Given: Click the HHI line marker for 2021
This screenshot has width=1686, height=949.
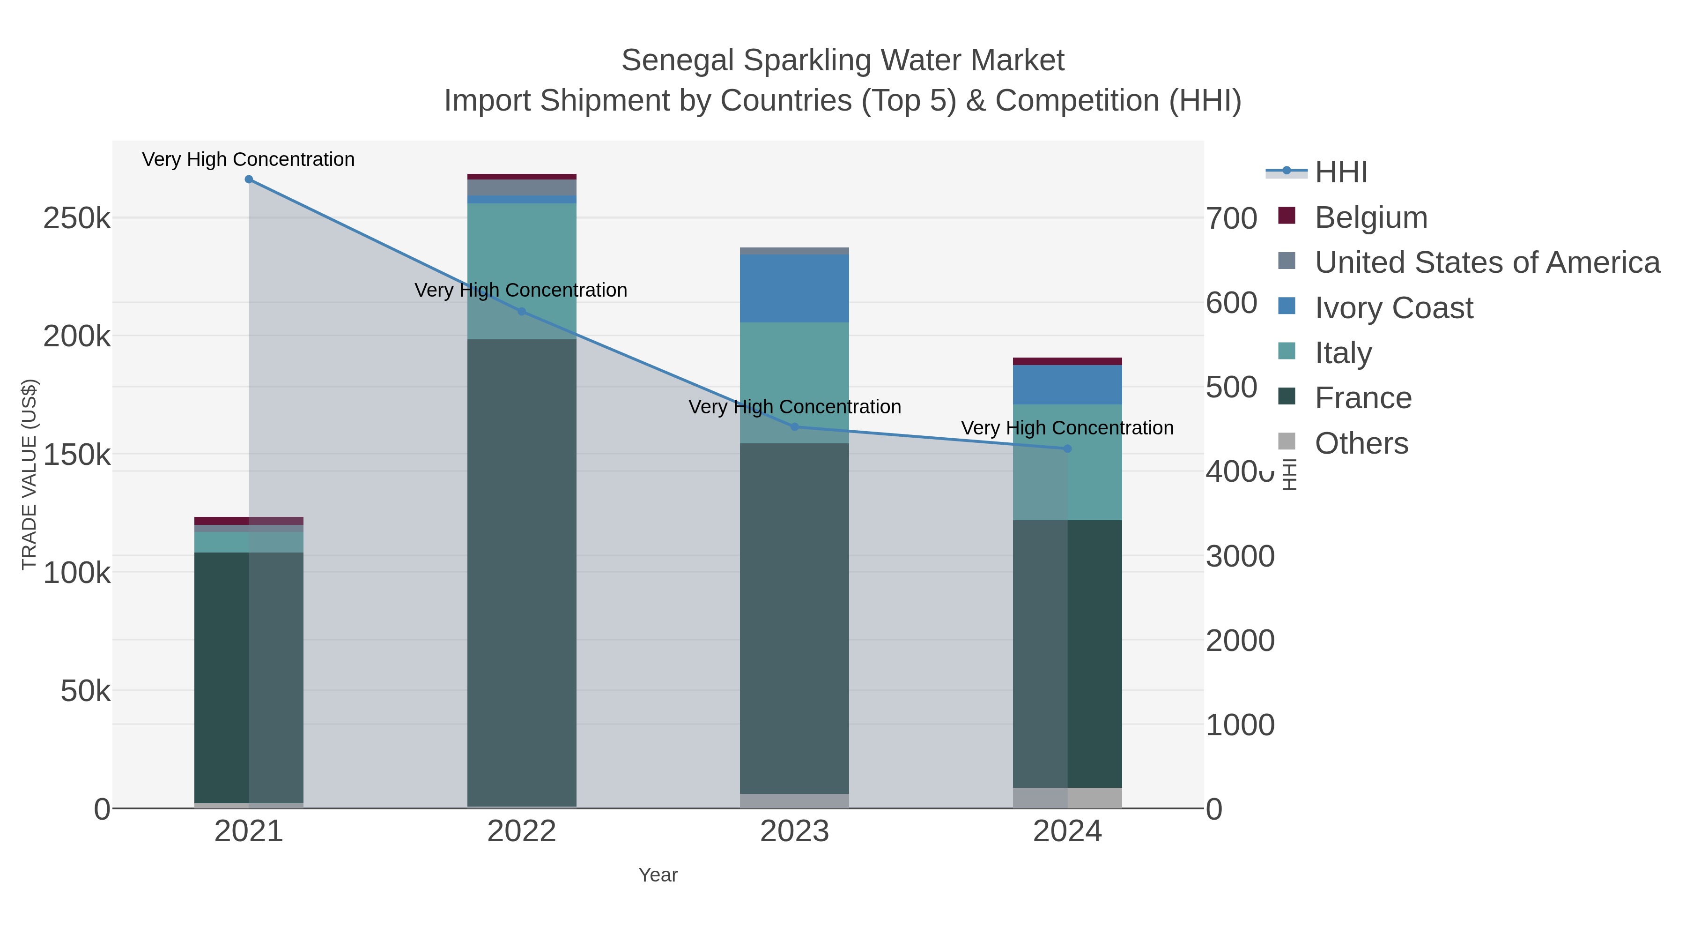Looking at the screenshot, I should point(249,179).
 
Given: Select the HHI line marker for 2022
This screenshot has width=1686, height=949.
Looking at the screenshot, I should point(522,312).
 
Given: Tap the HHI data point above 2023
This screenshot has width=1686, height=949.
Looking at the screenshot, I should point(795,427).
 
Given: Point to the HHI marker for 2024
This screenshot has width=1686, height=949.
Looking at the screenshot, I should point(1067,448).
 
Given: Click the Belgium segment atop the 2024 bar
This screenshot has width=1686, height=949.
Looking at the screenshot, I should point(1067,361).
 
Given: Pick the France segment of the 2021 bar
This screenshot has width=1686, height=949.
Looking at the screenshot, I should point(222,674).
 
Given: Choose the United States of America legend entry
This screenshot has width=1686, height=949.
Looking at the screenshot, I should point(1487,262).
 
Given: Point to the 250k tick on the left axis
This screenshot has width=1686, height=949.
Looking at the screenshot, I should point(77,218).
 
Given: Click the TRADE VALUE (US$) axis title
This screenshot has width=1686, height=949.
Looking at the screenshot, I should point(30,474).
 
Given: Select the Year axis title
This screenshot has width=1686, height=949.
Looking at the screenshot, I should point(658,875).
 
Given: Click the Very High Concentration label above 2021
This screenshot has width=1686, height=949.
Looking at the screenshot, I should point(249,160).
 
